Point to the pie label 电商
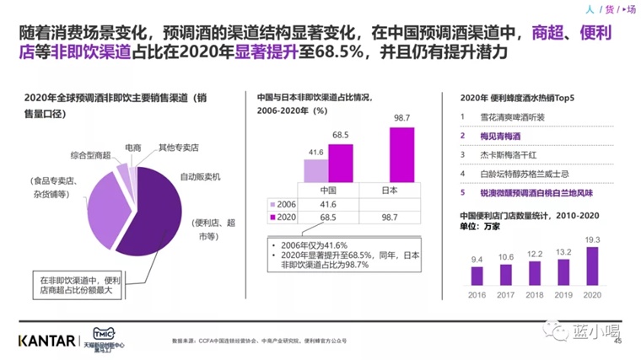click(x=132, y=148)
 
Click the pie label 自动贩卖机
click(x=200, y=177)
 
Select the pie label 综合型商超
click(x=89, y=157)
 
